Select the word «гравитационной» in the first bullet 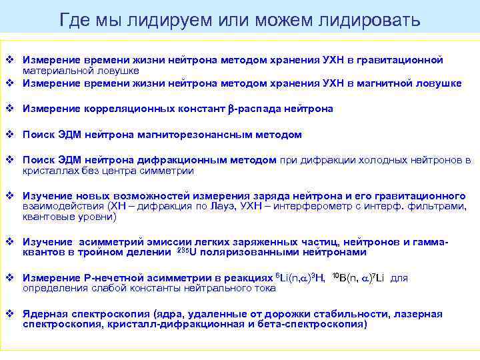pyautogui.click(x=404, y=60)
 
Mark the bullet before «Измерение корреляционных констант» pyautogui.click(x=10, y=108)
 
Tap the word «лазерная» pyautogui.click(x=417, y=314)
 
